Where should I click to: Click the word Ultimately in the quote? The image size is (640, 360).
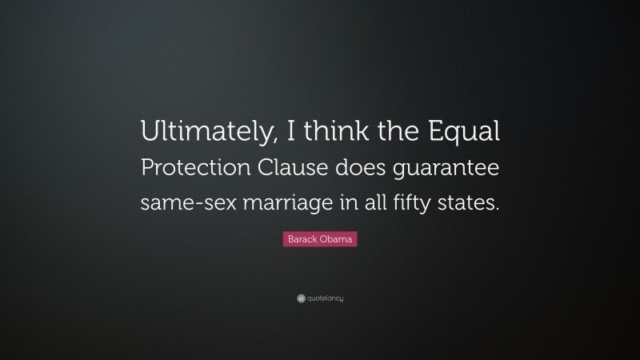coord(202,130)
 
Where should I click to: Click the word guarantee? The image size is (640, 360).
coord(450,168)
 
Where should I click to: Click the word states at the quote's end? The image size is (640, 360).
coord(468,202)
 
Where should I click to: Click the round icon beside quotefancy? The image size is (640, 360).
coord(301,298)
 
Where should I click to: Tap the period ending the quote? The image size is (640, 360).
coord(498,210)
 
